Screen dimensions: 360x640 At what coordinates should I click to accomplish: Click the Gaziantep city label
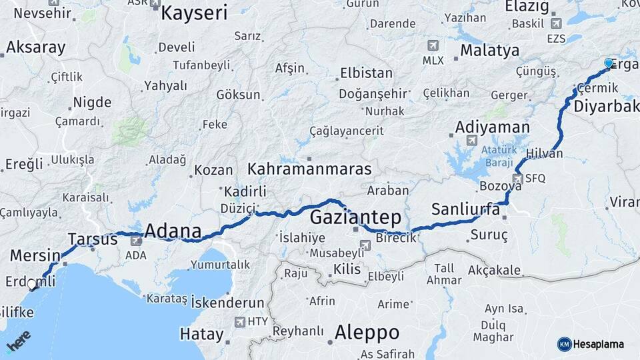point(355,217)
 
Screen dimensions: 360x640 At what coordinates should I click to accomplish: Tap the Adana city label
point(173,231)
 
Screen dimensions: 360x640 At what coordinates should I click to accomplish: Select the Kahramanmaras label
point(309,169)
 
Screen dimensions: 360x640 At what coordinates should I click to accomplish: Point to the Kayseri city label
point(194,13)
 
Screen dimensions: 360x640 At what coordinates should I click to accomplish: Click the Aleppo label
point(367,332)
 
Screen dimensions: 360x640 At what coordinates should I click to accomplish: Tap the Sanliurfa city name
point(465,209)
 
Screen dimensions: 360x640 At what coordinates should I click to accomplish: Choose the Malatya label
point(489,51)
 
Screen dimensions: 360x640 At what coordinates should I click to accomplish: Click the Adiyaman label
point(492,127)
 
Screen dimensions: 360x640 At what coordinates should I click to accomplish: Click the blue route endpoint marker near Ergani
point(608,63)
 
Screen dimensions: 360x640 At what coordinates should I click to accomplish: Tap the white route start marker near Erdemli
point(32,285)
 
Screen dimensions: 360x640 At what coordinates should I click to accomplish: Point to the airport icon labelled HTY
point(239,322)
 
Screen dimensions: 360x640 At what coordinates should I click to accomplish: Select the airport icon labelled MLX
point(433,45)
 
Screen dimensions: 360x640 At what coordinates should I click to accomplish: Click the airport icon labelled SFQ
point(517,179)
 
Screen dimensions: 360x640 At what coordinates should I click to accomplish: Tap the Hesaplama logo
point(591,344)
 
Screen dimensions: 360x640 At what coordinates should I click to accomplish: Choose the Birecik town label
point(396,238)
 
